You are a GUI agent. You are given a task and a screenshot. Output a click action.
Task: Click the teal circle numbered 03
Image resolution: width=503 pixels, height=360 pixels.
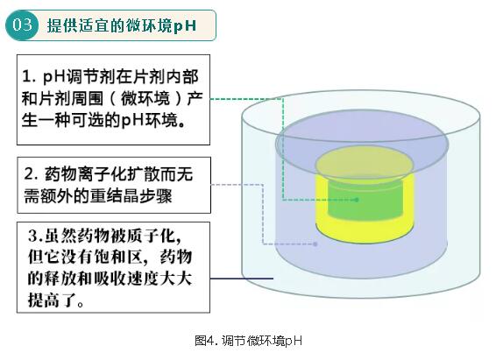(x=22, y=25)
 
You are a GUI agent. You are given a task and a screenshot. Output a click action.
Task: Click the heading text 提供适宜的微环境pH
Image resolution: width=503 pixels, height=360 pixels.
(x=122, y=25)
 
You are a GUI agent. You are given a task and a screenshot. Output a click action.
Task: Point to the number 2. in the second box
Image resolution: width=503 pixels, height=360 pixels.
(x=32, y=174)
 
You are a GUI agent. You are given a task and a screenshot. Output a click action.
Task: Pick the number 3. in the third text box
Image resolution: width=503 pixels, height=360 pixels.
(x=36, y=236)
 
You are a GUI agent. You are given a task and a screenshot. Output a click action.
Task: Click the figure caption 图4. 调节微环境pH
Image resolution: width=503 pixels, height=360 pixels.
(x=249, y=341)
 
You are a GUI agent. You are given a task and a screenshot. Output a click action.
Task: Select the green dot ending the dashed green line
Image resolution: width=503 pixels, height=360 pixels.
(x=357, y=200)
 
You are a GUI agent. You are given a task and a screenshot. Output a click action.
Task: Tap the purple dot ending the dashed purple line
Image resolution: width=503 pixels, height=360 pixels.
(x=315, y=244)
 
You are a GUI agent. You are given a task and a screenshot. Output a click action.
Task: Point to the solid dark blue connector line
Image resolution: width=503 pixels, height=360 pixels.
(x=242, y=279)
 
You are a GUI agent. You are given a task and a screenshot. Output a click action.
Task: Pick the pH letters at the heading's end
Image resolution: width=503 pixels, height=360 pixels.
(x=185, y=26)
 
